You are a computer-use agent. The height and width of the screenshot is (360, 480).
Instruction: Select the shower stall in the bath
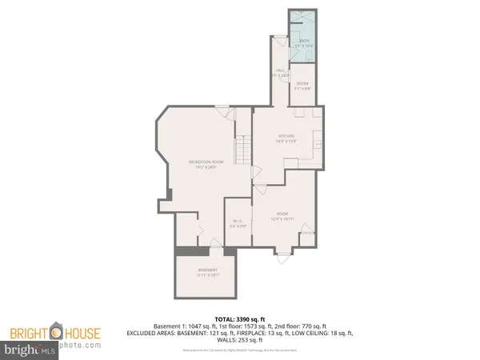click(x=304, y=22)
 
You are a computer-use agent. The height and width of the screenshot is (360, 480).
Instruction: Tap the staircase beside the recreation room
click(x=242, y=148)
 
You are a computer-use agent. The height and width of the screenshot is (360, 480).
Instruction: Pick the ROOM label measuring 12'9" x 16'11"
click(x=284, y=216)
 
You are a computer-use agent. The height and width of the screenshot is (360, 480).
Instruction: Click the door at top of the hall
click(x=280, y=42)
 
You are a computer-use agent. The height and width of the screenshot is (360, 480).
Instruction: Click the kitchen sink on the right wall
click(x=318, y=144)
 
